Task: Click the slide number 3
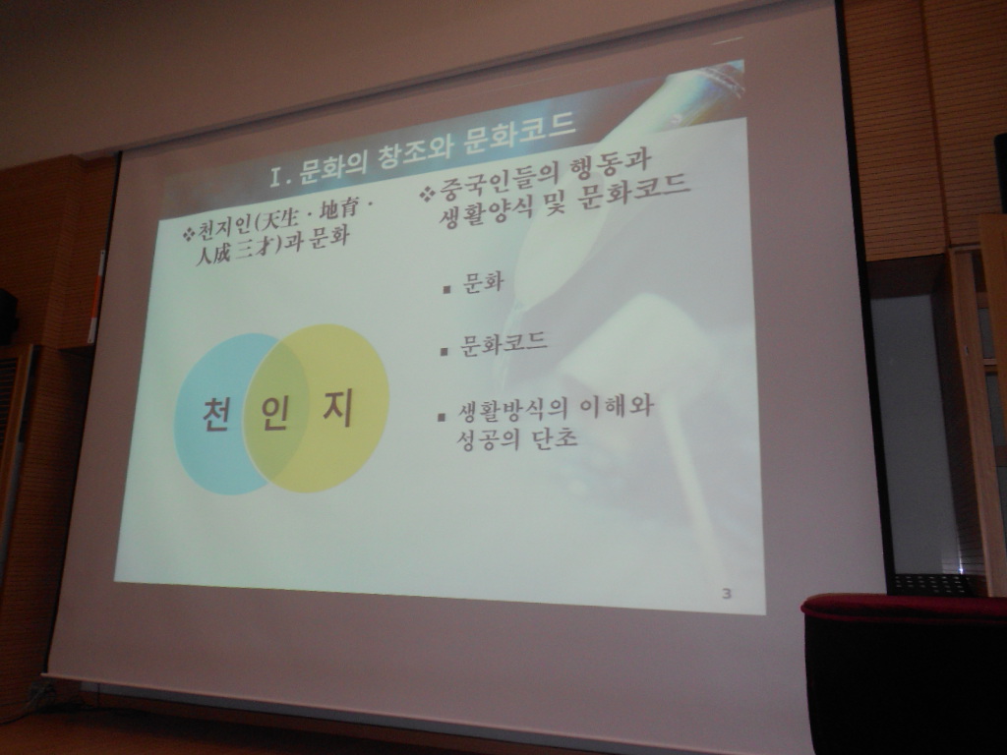(727, 593)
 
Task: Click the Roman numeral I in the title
(277, 177)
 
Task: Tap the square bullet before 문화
(447, 290)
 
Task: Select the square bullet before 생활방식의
(442, 417)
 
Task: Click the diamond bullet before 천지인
(188, 234)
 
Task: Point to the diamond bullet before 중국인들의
(427, 194)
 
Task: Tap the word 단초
(556, 437)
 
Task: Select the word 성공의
(488, 438)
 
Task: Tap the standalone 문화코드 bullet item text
(503, 344)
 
